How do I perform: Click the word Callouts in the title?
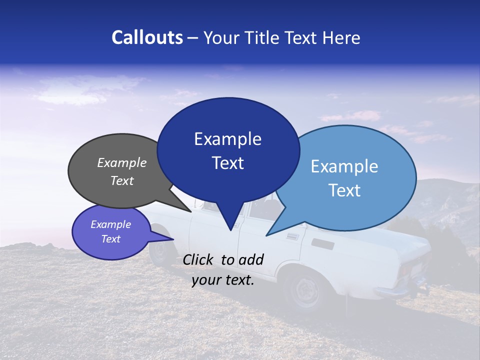[147, 37]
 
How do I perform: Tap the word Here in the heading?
[342, 37]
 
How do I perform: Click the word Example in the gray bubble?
[122, 162]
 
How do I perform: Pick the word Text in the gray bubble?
[122, 180]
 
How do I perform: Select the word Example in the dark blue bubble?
[227, 139]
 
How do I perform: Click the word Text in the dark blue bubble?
[227, 163]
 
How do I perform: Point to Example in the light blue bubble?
[344, 166]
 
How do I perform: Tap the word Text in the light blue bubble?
[344, 190]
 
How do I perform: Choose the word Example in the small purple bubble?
[111, 224]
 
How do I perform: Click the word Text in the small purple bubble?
[111, 239]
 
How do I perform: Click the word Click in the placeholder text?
[199, 259]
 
